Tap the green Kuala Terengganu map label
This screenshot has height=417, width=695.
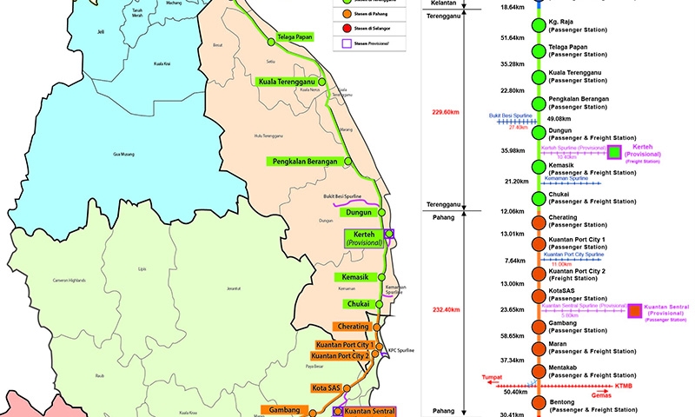(287, 82)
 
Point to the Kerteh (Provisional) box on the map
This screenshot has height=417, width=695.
(368, 238)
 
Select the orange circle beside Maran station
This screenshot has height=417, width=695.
(539, 347)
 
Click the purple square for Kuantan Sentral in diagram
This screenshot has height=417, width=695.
(636, 310)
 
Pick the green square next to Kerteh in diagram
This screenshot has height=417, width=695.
(615, 153)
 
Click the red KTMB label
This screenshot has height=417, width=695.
(624, 384)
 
